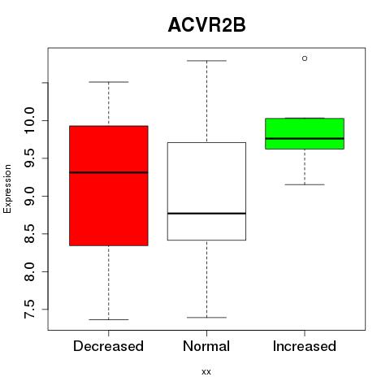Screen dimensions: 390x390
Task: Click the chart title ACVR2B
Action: coord(206,25)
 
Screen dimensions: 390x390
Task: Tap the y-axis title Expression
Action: coord(7,188)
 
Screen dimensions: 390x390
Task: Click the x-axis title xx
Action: coord(206,372)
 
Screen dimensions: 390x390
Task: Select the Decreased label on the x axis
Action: coord(108,346)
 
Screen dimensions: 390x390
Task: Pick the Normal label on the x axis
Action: coord(206,346)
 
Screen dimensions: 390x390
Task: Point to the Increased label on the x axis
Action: coord(305,346)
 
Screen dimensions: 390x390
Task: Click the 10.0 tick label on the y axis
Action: coord(29,120)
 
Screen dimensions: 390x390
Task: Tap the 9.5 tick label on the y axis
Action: coord(29,158)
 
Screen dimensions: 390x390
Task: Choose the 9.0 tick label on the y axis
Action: coord(29,196)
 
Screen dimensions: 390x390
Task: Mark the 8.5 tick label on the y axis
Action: coord(29,234)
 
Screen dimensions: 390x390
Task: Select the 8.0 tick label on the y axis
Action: coord(29,271)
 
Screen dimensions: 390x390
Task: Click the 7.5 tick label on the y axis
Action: coord(29,310)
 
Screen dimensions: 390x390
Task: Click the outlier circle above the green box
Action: coord(305,58)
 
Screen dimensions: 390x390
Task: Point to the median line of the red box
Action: coord(109,172)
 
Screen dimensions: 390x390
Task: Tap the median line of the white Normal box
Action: coord(206,214)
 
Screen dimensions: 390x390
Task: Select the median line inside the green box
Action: coord(305,138)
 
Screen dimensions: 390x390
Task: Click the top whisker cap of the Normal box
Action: coord(206,61)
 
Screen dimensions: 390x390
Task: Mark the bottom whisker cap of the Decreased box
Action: coord(109,319)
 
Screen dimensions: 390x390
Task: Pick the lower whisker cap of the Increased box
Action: coord(305,184)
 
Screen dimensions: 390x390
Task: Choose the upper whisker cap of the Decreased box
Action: coord(109,82)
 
